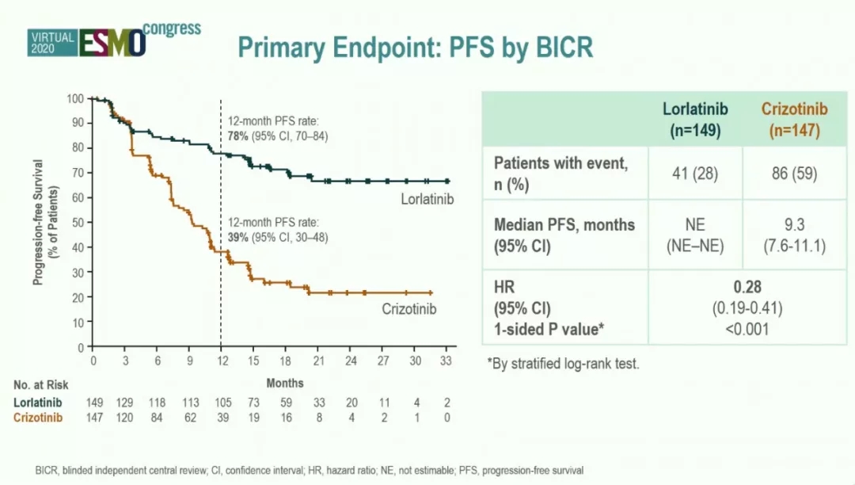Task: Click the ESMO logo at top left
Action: click(112, 40)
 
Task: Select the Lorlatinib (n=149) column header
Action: click(695, 119)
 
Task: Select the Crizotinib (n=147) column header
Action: click(794, 119)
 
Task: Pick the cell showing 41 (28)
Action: click(695, 173)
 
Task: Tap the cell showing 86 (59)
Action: click(794, 173)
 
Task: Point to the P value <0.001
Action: click(747, 329)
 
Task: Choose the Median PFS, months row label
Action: click(564, 225)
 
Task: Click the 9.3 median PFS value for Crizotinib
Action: click(794, 226)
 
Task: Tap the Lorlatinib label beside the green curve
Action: click(427, 198)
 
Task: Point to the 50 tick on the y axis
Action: click(76, 223)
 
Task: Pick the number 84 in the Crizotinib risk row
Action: click(158, 418)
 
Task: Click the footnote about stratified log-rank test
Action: click(563, 364)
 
